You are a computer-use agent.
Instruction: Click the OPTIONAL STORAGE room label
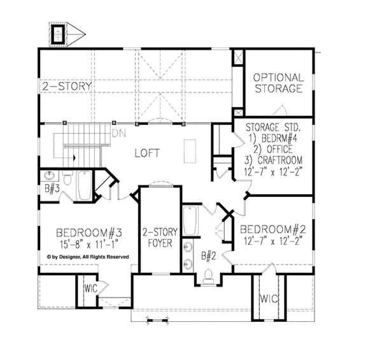tap(278, 83)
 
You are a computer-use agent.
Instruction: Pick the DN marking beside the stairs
tap(118, 134)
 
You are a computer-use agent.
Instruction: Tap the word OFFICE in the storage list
tap(279, 148)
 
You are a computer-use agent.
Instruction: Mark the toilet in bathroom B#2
tap(208, 276)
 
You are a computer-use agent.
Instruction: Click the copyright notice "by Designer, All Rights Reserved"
tap(87, 257)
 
